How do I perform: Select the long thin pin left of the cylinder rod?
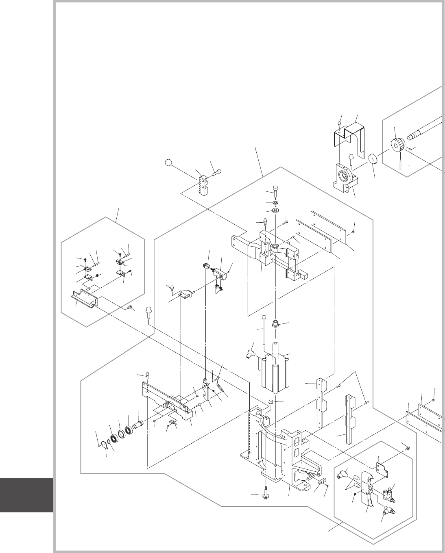[x=264, y=329]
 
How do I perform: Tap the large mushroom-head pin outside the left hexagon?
[x=149, y=314]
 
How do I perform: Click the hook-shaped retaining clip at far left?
[x=105, y=446]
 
